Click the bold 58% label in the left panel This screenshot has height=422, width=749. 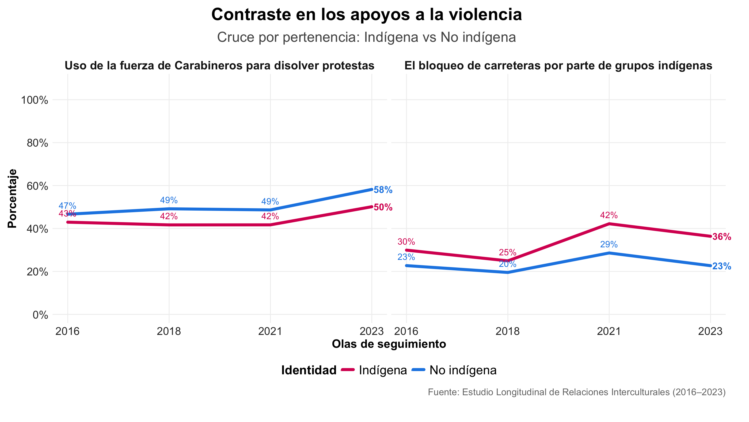(x=383, y=190)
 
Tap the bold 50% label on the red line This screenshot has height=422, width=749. (x=383, y=207)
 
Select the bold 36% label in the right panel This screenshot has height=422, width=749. (x=721, y=237)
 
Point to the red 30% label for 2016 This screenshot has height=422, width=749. (x=406, y=242)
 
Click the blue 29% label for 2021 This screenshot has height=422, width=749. (x=609, y=244)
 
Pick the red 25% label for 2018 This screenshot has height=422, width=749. (x=508, y=252)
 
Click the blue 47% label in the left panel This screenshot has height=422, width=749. (x=67, y=206)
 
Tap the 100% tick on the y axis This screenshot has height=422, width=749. (x=34, y=100)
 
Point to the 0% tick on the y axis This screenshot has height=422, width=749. (x=40, y=315)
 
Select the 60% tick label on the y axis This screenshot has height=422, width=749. (x=37, y=186)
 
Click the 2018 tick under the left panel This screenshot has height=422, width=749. (x=169, y=331)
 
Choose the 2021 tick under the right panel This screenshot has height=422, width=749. (x=609, y=331)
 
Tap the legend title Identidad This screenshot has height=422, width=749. (x=309, y=370)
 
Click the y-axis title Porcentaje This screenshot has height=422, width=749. (x=12, y=199)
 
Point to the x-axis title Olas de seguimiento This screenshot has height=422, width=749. (x=389, y=344)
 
